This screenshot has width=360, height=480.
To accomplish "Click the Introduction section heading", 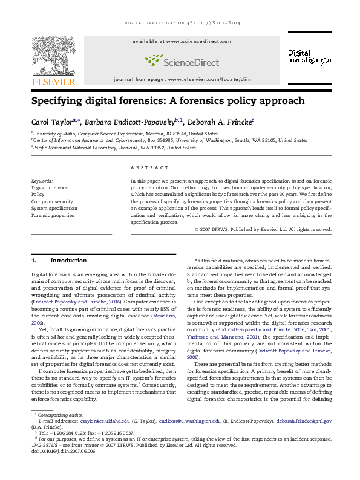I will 68,261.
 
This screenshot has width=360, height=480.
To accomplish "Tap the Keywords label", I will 42,181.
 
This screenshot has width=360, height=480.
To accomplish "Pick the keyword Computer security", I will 52,201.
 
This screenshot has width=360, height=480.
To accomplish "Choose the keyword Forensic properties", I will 53,215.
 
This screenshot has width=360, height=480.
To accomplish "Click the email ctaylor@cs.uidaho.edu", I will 105,420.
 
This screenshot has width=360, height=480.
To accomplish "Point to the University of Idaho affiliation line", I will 125,134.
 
